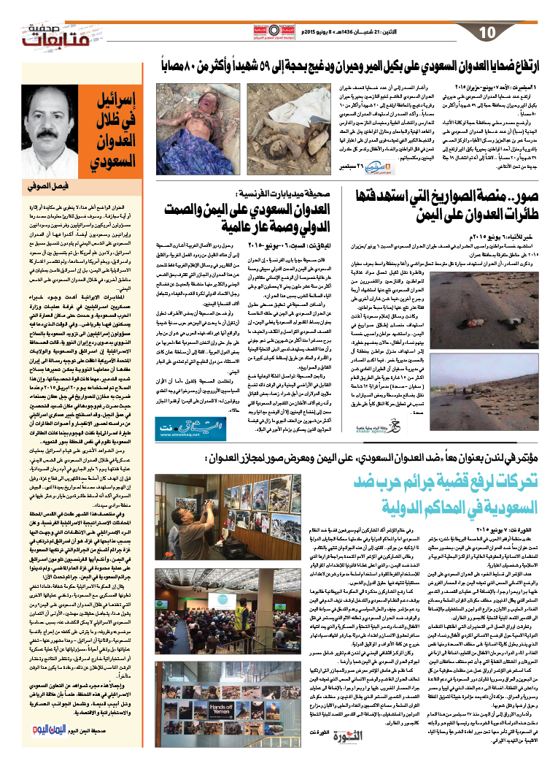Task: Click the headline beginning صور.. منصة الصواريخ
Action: pos(454,206)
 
